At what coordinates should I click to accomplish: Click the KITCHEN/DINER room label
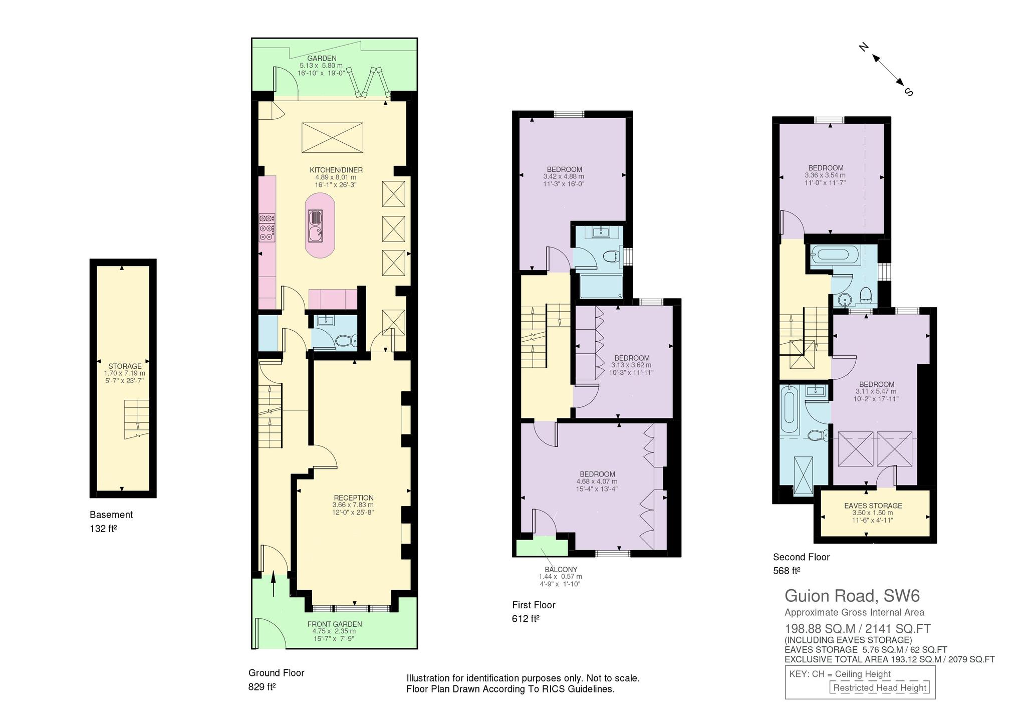coord(336,170)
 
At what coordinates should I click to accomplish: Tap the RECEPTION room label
coord(353,498)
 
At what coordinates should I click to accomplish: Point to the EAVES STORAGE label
coord(873,506)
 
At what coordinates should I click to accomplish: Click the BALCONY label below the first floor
coord(561,570)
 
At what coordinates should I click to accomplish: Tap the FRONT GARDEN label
coord(335,624)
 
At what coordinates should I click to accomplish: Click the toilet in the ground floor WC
coord(346,341)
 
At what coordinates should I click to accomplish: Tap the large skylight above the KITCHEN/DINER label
coord(332,137)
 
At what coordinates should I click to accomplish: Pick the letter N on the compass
coord(863,48)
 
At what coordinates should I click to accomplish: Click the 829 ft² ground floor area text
coord(262,687)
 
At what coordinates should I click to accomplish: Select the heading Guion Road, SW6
coord(852,596)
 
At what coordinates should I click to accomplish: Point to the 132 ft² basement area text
coord(103,529)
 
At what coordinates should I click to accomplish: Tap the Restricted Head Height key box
coord(880,688)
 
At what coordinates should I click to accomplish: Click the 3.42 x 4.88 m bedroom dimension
coord(564,177)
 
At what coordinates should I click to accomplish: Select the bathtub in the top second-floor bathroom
coord(834,254)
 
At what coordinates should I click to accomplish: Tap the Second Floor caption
coord(802,557)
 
